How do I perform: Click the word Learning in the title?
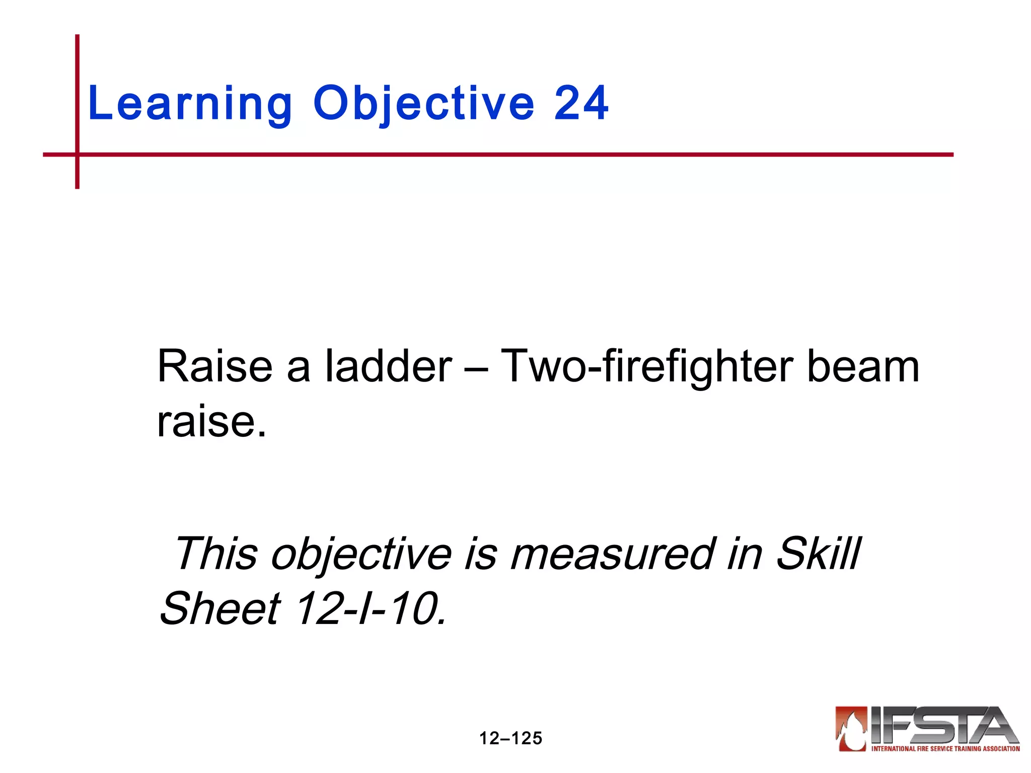pyautogui.click(x=189, y=104)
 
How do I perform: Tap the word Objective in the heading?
pyautogui.click(x=423, y=104)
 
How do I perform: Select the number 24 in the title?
pyautogui.click(x=581, y=104)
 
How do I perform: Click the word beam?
pyautogui.click(x=863, y=366)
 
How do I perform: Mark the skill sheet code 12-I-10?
pyautogui.click(x=370, y=609)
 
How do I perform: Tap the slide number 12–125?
pyautogui.click(x=510, y=738)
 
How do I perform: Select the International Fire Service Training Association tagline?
pyautogui.click(x=945, y=749)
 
